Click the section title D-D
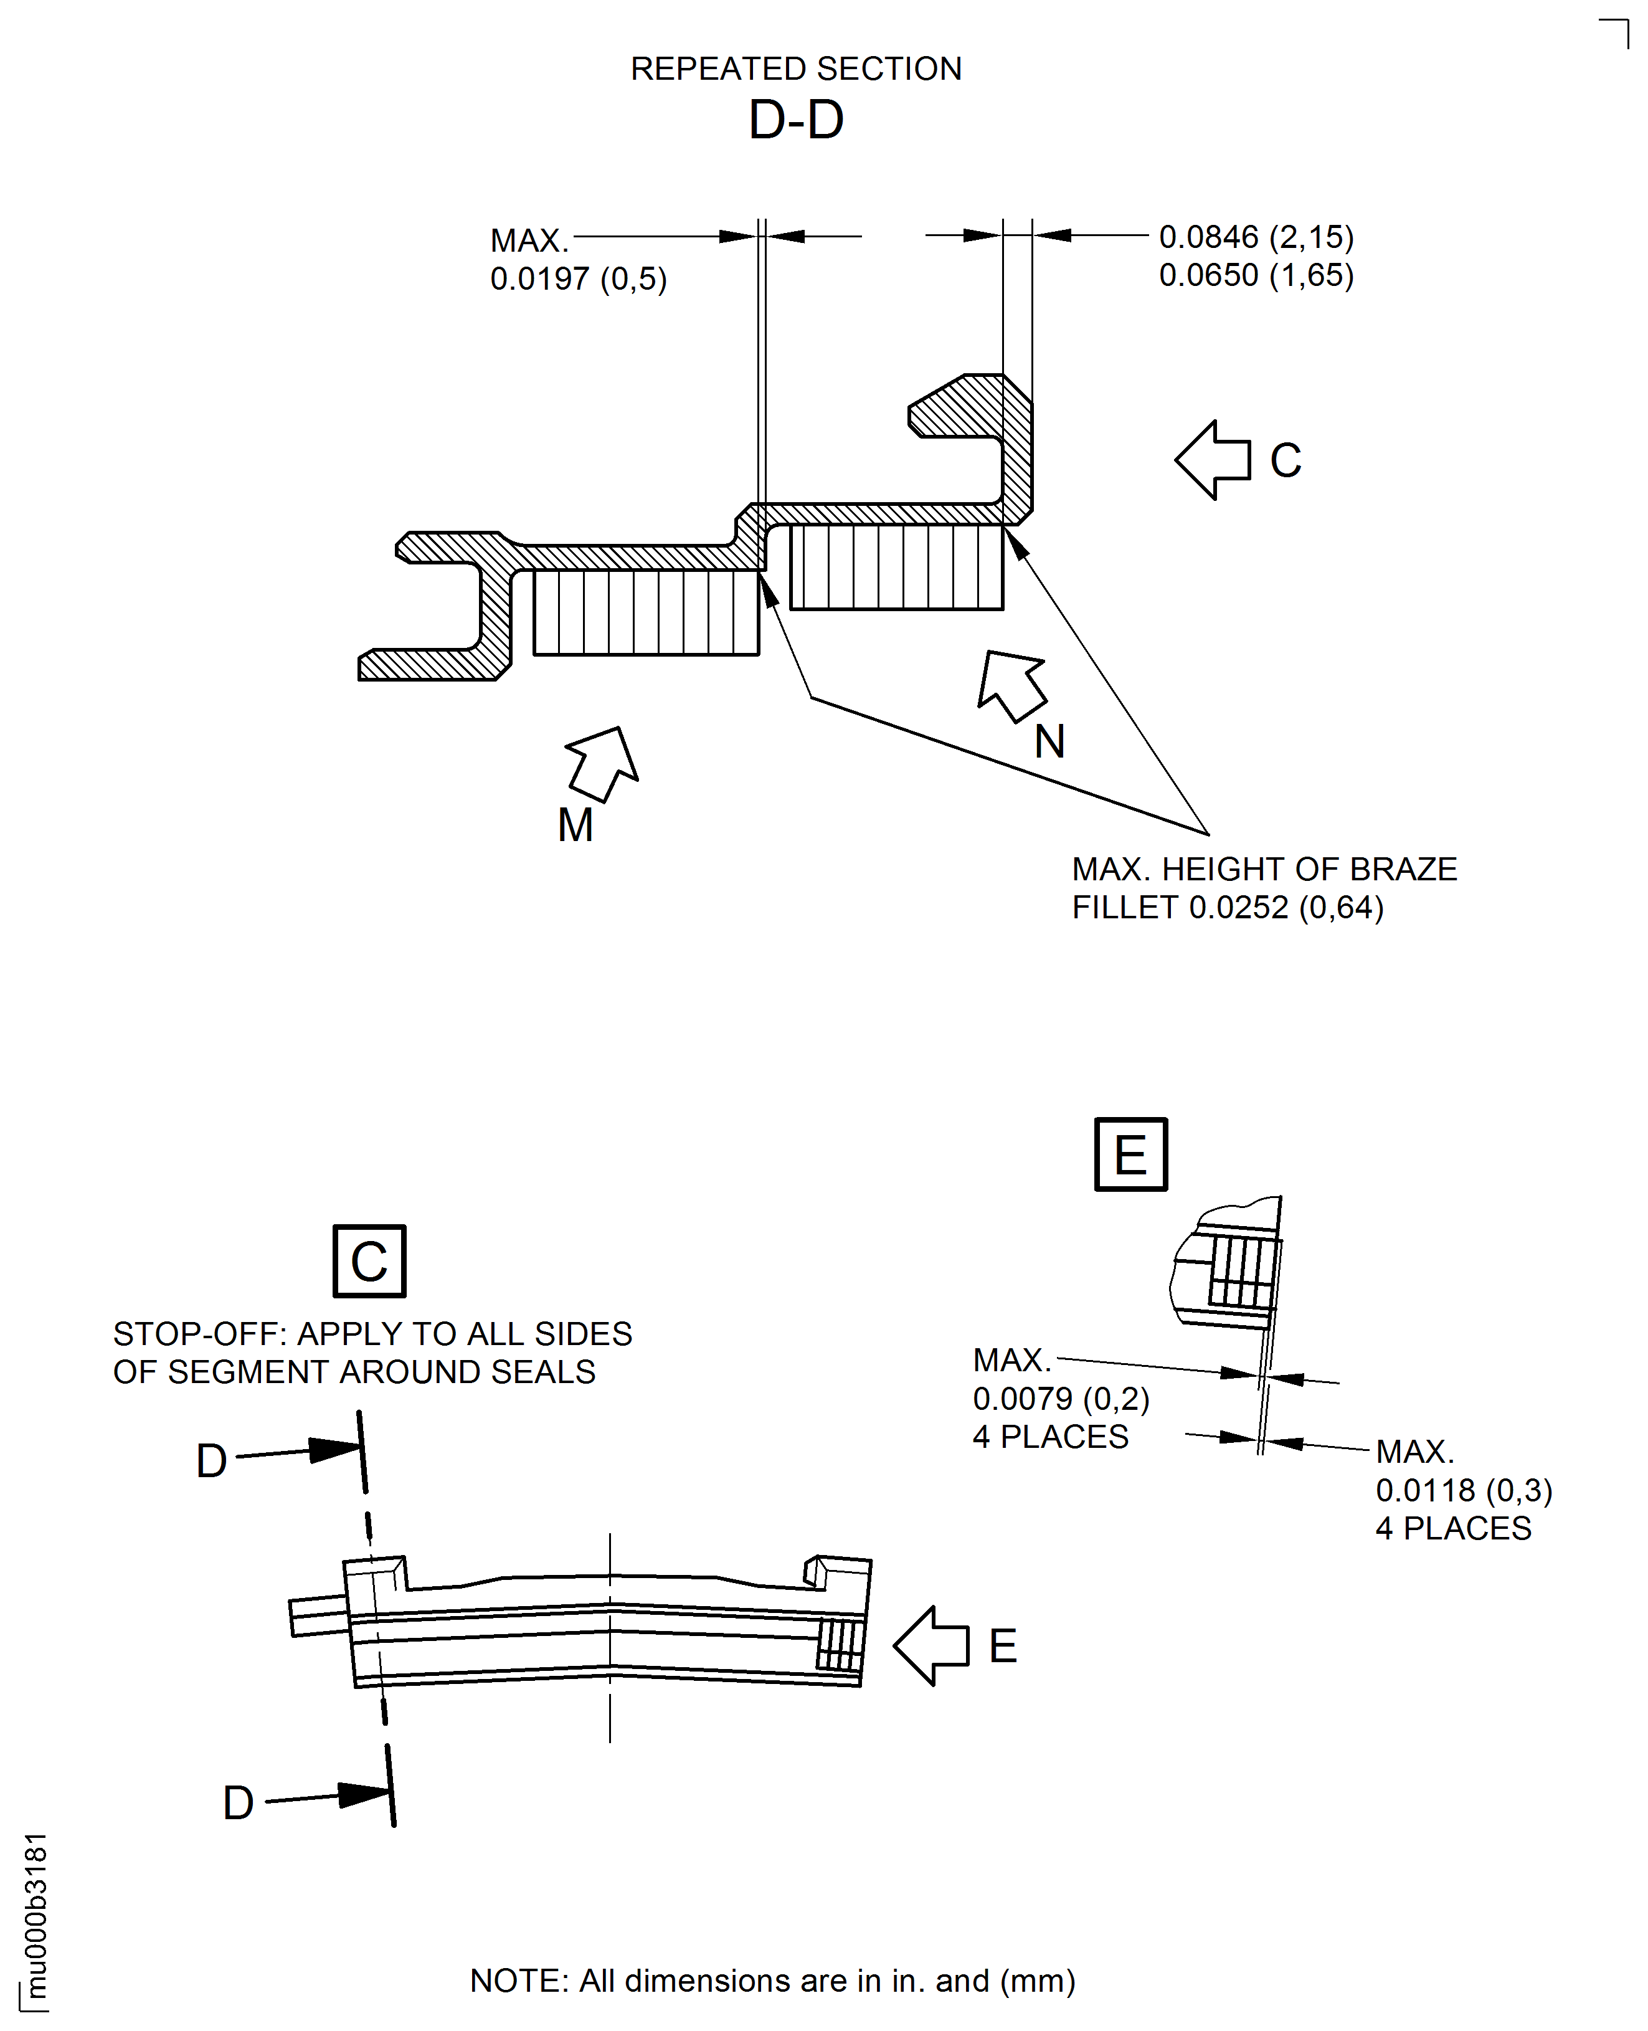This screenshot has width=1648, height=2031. [795, 121]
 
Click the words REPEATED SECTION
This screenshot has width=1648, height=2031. [795, 69]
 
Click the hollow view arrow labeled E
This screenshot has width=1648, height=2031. [931, 1645]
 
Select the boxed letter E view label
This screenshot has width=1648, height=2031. [1130, 1154]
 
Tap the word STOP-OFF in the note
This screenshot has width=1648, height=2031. [199, 1333]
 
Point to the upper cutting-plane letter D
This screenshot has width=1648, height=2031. [211, 1460]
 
